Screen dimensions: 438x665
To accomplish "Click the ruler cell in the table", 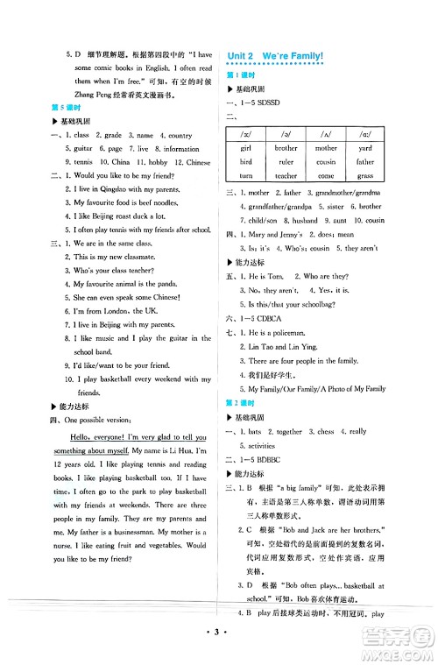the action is (286, 162).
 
